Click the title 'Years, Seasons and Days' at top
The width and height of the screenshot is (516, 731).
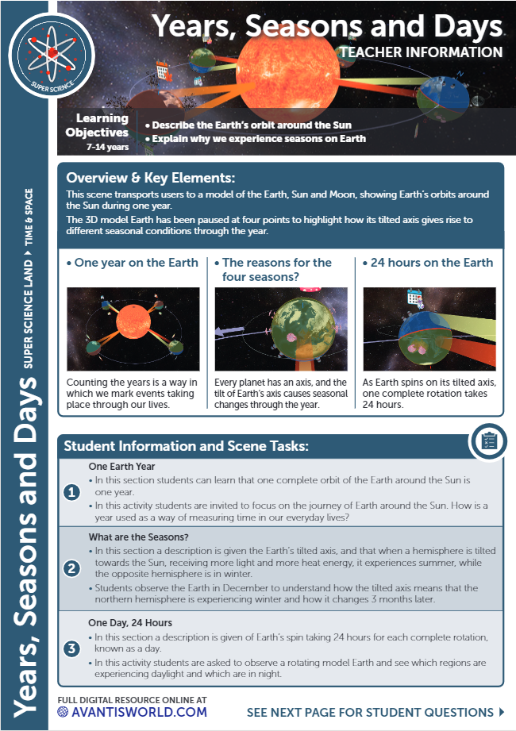coord(327,26)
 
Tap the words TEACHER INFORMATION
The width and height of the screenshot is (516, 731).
coord(420,52)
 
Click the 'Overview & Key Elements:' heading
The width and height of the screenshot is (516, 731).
coord(151,178)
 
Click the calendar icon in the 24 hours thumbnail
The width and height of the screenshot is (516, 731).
coord(414,298)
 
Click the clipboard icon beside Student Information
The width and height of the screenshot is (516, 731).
coord(489,441)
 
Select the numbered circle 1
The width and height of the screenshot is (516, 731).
coord(72,493)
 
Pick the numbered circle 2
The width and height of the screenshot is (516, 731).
coord(72,568)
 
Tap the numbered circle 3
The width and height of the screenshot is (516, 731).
coord(72,648)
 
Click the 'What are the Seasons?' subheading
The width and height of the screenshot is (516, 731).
coord(138,537)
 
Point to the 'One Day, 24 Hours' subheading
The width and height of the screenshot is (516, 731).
coord(130,623)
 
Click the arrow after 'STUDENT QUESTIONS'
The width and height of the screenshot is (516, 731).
coord(502,712)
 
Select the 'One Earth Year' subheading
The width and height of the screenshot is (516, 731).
coord(121,467)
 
